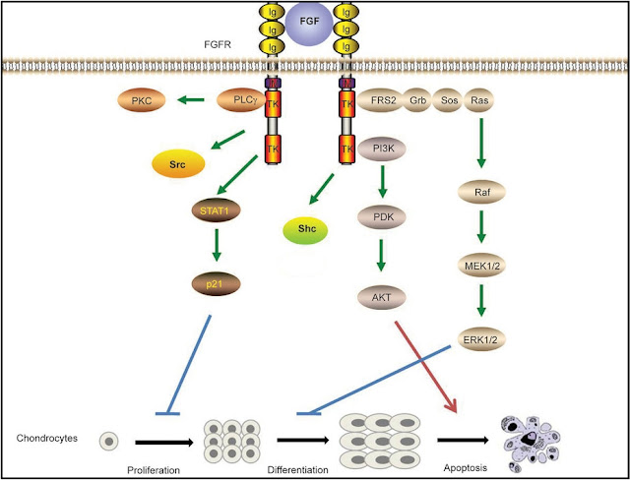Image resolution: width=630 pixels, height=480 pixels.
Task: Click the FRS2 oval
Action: click(x=385, y=101)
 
